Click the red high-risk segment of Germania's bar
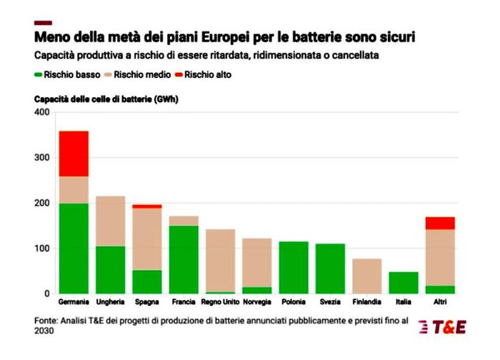tap(74, 154)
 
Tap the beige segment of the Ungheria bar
tap(110, 221)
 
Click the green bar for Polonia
tap(294, 267)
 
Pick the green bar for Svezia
tap(330, 269)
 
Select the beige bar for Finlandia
tap(366, 276)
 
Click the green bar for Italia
tap(404, 282)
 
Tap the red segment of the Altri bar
tap(440, 223)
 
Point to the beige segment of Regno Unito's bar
tap(220, 260)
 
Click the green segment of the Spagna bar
tap(146, 281)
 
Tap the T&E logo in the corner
tap(443, 326)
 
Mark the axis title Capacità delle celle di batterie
tap(106, 99)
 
